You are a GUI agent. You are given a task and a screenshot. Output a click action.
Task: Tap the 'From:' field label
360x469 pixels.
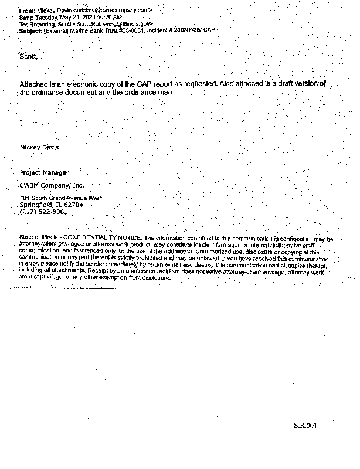pyautogui.click(x=27, y=11)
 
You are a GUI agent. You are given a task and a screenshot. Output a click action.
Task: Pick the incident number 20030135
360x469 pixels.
pyautogui.click(x=181, y=30)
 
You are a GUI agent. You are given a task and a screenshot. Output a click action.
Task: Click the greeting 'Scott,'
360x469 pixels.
pyautogui.click(x=29, y=57)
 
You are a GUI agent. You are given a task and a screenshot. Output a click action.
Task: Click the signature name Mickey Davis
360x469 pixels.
pyautogui.click(x=39, y=147)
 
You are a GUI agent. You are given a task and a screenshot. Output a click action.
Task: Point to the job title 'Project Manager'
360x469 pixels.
pyautogui.click(x=44, y=173)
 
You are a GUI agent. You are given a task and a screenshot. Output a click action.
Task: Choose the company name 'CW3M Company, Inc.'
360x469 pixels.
pyautogui.click(x=52, y=185)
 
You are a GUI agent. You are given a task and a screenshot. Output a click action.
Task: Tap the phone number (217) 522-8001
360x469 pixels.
pyautogui.click(x=44, y=212)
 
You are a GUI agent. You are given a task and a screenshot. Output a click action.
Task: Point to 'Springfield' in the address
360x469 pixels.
pyautogui.click(x=36, y=205)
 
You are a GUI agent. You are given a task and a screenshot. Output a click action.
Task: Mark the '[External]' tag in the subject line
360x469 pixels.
pyautogui.click(x=56, y=30)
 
